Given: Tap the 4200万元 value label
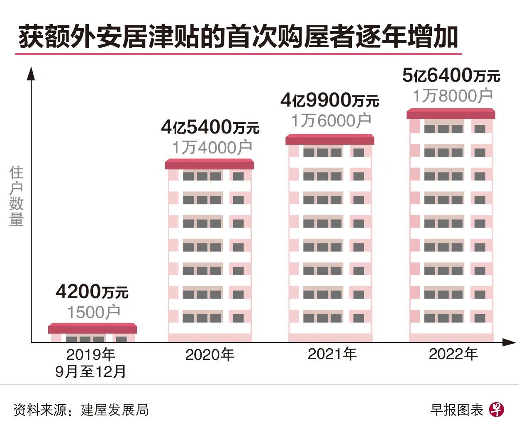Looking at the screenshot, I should tap(92, 292).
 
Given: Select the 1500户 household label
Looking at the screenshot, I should tap(94, 312).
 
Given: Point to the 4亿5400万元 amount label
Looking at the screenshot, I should tap(210, 127).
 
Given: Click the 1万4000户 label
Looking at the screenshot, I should tap(212, 147).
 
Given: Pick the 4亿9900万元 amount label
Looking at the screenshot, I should tap(330, 100).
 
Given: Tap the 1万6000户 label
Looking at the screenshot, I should tap(331, 121).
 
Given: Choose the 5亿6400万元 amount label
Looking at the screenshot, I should tap(451, 75).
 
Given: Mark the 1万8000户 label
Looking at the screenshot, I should tap(452, 96).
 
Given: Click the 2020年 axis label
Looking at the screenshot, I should tap(210, 354).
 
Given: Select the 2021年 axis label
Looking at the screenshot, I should tap(332, 354).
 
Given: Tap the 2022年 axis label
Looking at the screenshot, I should tap(453, 354).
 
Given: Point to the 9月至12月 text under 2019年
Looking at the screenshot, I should tap(90, 371).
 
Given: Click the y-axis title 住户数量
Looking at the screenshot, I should tap(17, 196).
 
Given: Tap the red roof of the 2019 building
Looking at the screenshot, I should tap(92, 328).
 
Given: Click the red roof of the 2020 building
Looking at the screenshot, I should tap(210, 164).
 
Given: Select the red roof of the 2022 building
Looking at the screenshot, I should tap(451, 114).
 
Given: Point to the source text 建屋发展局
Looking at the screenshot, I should tap(115, 410).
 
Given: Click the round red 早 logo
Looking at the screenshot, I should tap(497, 410).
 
